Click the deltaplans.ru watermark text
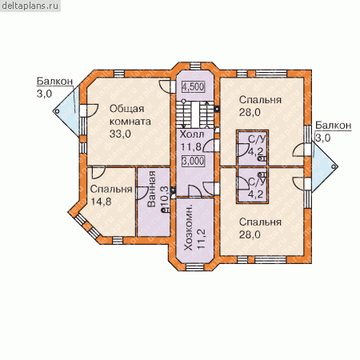(x=30, y=6)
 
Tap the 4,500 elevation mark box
(x=193, y=86)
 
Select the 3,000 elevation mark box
(x=193, y=161)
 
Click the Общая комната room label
(x=130, y=115)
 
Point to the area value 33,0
(x=120, y=134)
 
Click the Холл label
(x=192, y=134)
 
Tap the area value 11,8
(x=191, y=146)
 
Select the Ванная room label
(x=151, y=189)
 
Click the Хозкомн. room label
(x=188, y=228)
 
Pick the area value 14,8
(x=101, y=202)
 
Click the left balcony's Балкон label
(x=54, y=81)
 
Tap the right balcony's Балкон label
(x=334, y=125)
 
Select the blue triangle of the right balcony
(x=323, y=166)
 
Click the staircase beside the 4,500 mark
(x=195, y=114)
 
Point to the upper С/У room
(x=253, y=148)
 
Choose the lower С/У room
(x=253, y=185)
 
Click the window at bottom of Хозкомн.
(x=195, y=267)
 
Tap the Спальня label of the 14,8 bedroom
(x=111, y=189)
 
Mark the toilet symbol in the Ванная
(x=166, y=210)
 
